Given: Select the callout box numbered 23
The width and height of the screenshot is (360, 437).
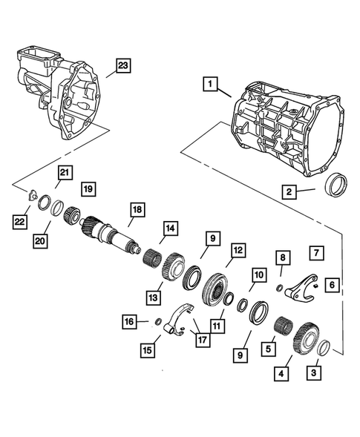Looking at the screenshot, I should (x=121, y=66).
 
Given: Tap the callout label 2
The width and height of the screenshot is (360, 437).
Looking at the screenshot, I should (x=288, y=191).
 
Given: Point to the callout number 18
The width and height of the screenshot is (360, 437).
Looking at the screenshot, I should (x=136, y=211).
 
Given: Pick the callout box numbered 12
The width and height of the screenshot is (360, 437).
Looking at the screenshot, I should (x=237, y=252).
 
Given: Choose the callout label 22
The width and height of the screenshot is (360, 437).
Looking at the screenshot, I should (x=19, y=221).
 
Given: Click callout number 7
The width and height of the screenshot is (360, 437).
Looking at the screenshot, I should (x=315, y=253).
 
